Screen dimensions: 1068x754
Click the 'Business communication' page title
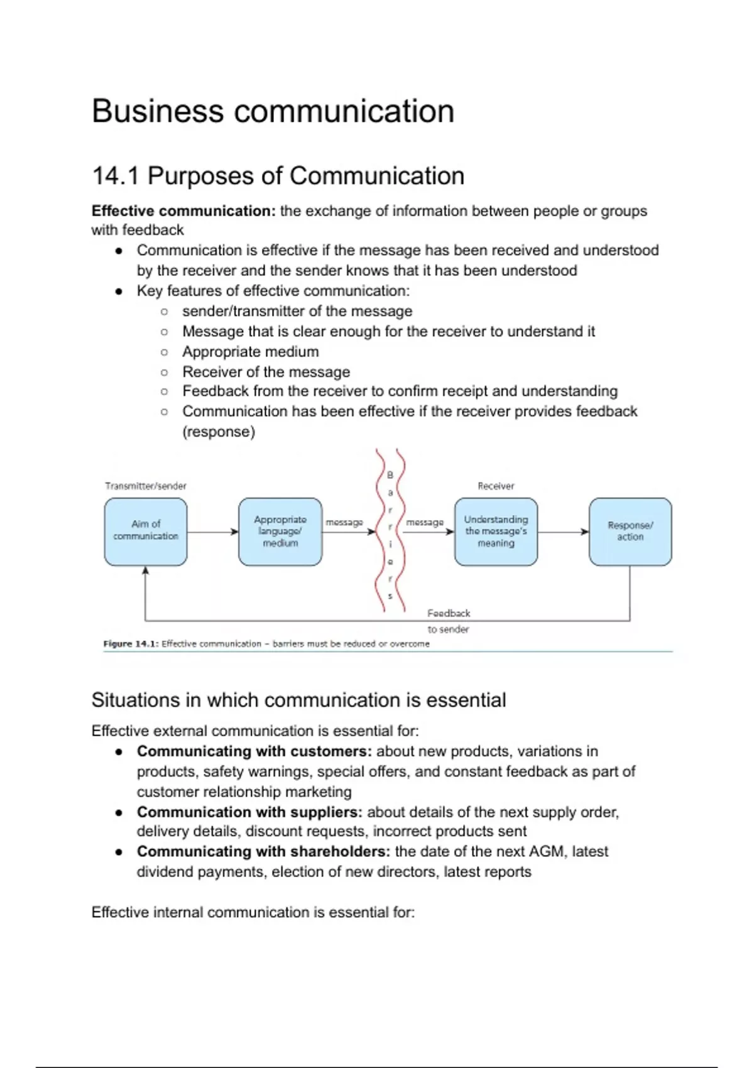click(x=273, y=111)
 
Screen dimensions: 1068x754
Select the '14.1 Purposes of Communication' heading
click(x=278, y=176)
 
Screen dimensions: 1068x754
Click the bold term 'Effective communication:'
click(x=183, y=211)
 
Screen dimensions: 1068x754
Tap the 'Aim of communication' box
click(x=146, y=531)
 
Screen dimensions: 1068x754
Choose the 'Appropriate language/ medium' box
click(x=280, y=531)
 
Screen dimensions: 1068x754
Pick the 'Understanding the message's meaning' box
click(x=496, y=531)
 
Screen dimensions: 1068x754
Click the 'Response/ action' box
click(x=630, y=531)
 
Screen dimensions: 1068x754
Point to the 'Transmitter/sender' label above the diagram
click(x=146, y=486)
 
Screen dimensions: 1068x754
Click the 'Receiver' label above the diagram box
click(x=496, y=486)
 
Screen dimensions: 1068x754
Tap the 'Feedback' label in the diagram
click(x=449, y=613)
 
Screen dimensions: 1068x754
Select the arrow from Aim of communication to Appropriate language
click(x=212, y=532)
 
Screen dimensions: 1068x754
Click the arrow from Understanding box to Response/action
click(x=563, y=532)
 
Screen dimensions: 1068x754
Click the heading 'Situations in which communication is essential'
click(x=298, y=700)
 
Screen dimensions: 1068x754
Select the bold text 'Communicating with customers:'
click(x=254, y=751)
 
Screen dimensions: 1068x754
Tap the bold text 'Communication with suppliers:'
click(x=249, y=812)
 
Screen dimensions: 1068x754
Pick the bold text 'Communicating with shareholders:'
click(x=263, y=852)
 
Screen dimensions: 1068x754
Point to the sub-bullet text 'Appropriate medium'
click(x=250, y=352)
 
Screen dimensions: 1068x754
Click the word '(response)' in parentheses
click(x=219, y=432)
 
